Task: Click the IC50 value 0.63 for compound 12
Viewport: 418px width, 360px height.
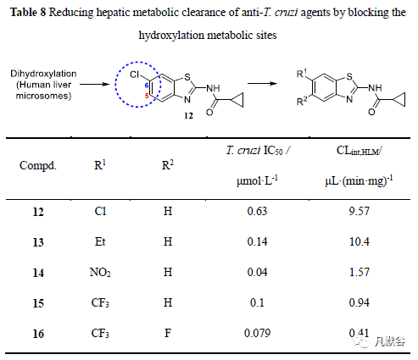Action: (x=257, y=211)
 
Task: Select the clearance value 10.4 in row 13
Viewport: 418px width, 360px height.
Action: (x=359, y=241)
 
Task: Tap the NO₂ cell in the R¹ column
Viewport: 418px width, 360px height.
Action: (x=100, y=272)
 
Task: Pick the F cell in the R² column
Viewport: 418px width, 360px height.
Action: (x=168, y=333)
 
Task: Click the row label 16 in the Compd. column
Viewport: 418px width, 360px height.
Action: (x=38, y=334)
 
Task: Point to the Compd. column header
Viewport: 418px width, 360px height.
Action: (x=38, y=165)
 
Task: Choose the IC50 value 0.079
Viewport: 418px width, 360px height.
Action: (x=257, y=333)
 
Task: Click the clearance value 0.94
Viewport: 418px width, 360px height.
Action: (x=359, y=302)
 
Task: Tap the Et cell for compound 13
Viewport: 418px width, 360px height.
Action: (x=100, y=241)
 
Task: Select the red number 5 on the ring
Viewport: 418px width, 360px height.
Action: (x=147, y=96)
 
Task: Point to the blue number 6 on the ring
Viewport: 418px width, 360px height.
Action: (x=147, y=86)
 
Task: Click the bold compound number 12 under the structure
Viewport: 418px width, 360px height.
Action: (x=188, y=116)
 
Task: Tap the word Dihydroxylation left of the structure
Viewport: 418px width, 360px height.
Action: (x=43, y=74)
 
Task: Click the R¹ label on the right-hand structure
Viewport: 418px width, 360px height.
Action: (x=302, y=74)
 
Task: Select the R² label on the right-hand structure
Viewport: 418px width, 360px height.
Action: (x=302, y=101)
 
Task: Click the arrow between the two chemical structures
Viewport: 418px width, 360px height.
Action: (x=262, y=83)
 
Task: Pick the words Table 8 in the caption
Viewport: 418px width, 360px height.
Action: (x=28, y=13)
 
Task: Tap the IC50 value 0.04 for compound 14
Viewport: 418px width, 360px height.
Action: (x=257, y=272)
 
